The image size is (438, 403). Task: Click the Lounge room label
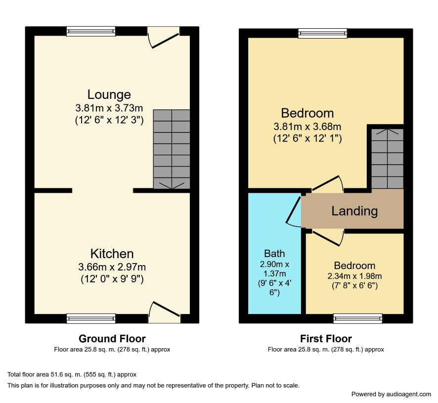pos(109,94)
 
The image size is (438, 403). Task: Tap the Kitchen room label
pos(112,254)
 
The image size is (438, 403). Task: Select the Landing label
pos(354,211)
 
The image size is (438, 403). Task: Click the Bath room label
pos(274,254)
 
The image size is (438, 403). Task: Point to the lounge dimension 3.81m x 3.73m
pos(109,108)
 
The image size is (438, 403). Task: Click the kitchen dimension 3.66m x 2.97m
pos(112,267)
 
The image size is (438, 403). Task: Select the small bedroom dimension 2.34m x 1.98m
pos(354,276)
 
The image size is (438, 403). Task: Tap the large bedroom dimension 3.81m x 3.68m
pos(307,127)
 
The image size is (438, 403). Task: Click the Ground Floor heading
pos(112,339)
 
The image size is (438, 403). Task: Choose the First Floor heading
pos(326,339)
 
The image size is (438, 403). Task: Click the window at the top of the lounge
pos(91,31)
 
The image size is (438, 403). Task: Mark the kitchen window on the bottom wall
pos(91,318)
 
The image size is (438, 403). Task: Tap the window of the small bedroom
pos(357,318)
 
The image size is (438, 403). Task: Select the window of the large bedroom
pos(323,33)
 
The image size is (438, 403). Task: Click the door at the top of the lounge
pos(163,38)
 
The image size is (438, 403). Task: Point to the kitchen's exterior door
pos(164,312)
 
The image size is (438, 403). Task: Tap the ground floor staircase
pos(172,149)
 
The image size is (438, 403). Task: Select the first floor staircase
pos(387,159)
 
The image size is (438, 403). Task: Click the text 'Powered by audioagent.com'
pos(391,394)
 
